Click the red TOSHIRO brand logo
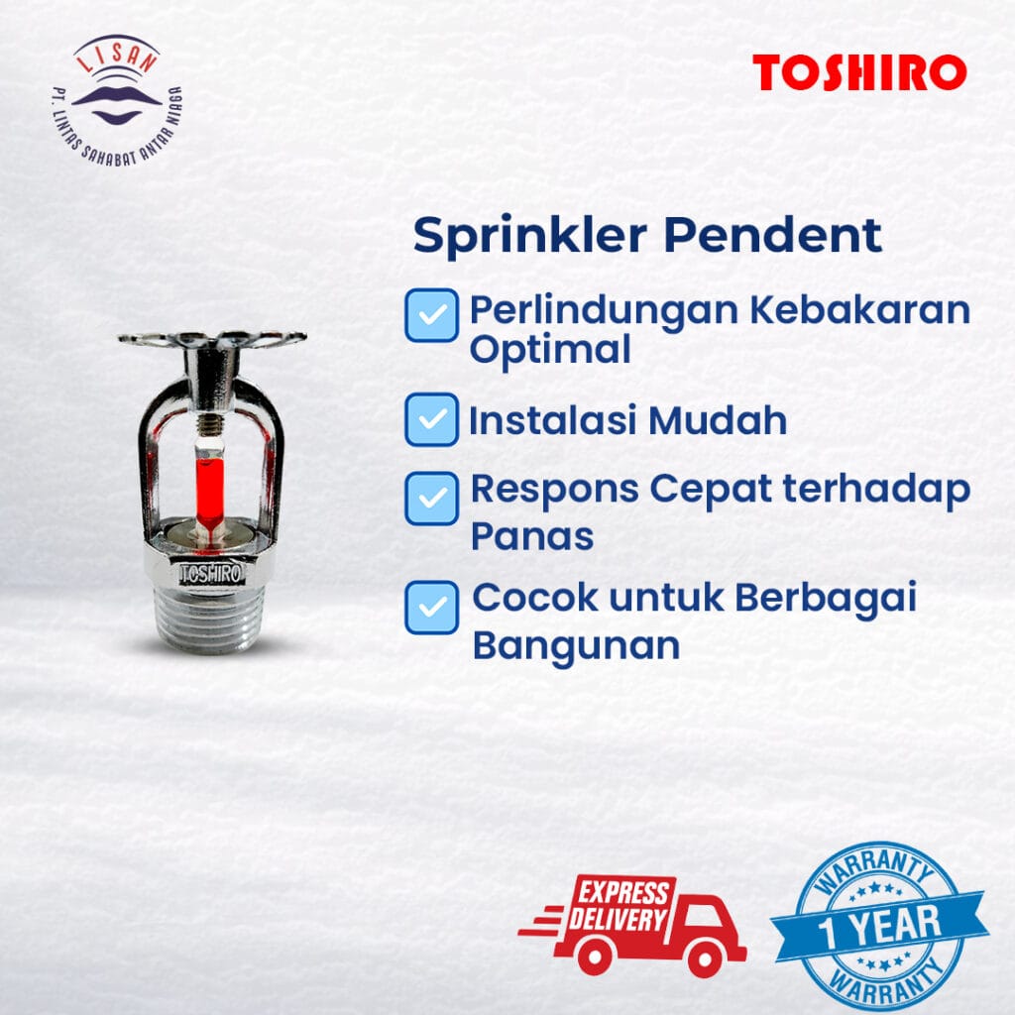858,73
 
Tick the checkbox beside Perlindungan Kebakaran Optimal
431,315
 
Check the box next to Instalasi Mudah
431,419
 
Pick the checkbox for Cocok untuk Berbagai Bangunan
431,608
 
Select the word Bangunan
575,645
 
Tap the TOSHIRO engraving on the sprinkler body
209,574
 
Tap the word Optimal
549,349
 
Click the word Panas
531,536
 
